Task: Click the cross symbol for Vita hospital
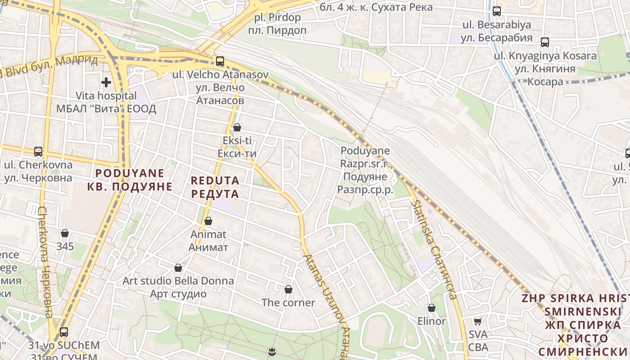click(x=106, y=82)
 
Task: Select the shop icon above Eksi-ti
click(x=237, y=127)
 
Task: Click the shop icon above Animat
click(x=208, y=221)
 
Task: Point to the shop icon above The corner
click(x=288, y=289)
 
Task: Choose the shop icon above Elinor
click(x=431, y=308)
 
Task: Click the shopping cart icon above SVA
click(x=478, y=321)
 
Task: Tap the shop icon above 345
click(x=65, y=233)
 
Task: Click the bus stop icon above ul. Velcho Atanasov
click(x=220, y=61)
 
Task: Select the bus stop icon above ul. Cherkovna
click(x=38, y=151)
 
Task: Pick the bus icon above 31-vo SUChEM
click(x=64, y=332)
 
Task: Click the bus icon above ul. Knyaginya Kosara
click(x=545, y=42)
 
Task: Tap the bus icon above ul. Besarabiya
click(x=497, y=11)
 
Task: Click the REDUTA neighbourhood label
click(x=215, y=187)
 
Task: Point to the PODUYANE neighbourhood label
click(x=130, y=180)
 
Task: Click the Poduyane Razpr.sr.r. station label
click(x=365, y=170)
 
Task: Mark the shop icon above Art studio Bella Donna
click(x=178, y=268)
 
